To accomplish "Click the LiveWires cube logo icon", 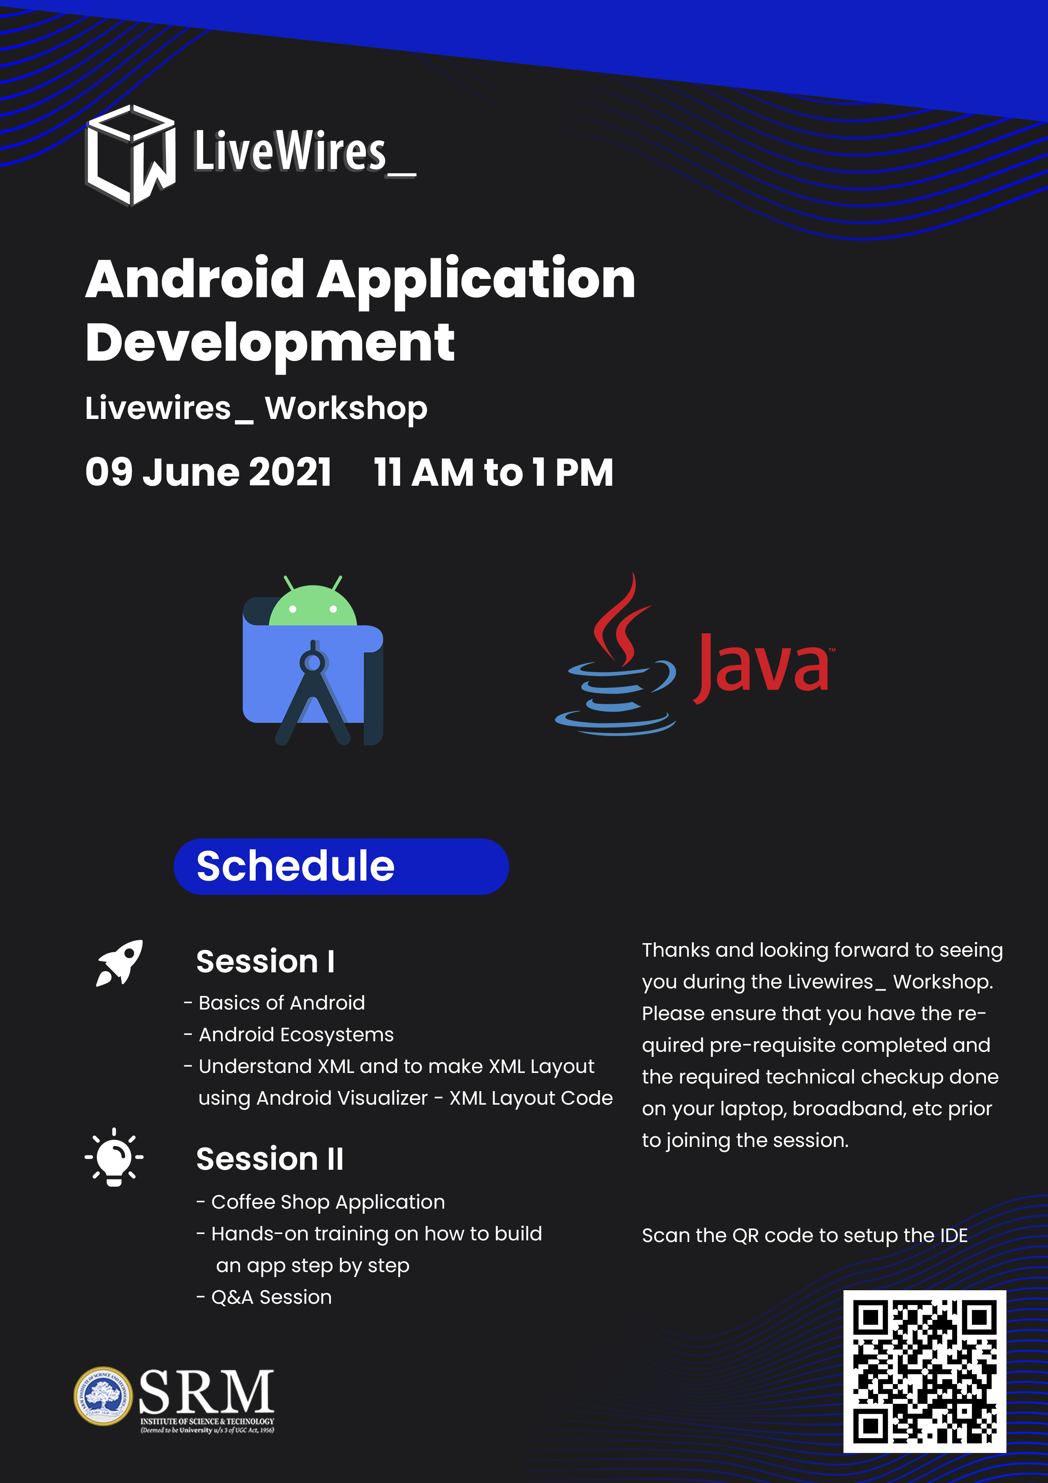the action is tap(131, 155).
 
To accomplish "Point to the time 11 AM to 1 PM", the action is tap(493, 472).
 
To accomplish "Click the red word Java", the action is tap(762, 668).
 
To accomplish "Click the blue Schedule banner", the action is tap(341, 866).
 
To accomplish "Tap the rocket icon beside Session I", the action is tap(120, 963).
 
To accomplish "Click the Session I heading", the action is tap(265, 961).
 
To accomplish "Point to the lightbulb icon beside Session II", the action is tap(114, 1157).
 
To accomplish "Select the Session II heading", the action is tap(270, 1159).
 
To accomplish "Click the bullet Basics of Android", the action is tap(274, 1002).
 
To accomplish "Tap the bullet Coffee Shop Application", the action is tap(321, 1202).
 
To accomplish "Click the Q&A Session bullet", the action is tap(264, 1297).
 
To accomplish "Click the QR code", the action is tap(925, 1371).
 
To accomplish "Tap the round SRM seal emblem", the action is tap(103, 1395).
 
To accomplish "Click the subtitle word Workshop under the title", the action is tap(346, 409).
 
